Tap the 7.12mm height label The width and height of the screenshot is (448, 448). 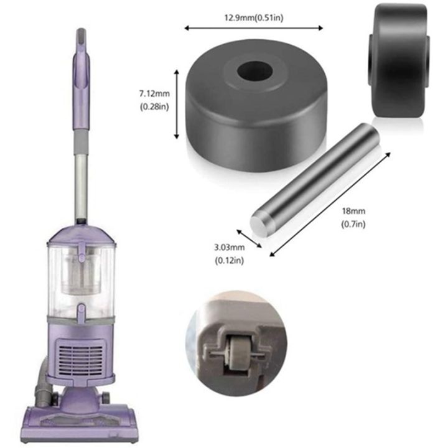(154, 94)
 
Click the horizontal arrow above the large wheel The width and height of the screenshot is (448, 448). (254, 27)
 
